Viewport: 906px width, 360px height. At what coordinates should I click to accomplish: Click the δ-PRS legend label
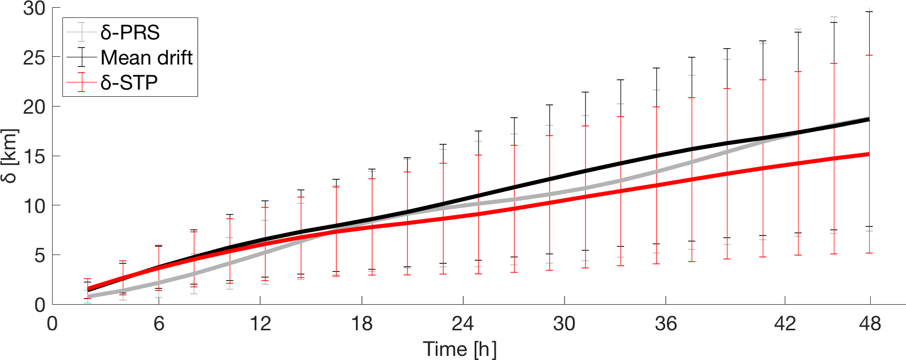click(130, 32)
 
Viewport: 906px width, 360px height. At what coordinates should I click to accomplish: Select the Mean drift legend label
click(146, 57)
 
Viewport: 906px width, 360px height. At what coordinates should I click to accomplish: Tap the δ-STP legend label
click(129, 82)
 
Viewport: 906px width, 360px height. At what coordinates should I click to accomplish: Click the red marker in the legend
click(81, 82)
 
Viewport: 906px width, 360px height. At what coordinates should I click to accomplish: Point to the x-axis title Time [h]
click(460, 349)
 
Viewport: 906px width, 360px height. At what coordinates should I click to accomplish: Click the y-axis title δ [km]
click(10, 156)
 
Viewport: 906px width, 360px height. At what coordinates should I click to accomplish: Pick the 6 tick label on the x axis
click(159, 324)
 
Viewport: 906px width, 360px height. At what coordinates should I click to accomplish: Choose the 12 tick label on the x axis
click(260, 324)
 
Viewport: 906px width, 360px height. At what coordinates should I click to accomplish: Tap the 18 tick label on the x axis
click(362, 324)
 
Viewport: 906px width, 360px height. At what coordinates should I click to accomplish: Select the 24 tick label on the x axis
click(463, 324)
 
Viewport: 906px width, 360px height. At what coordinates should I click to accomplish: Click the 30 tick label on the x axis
click(564, 324)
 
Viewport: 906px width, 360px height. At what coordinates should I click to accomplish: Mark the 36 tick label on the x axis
click(665, 324)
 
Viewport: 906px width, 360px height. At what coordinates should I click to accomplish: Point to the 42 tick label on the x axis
click(785, 324)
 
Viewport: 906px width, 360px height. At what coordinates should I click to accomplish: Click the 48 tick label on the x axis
click(870, 324)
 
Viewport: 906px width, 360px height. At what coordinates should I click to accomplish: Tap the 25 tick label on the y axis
click(34, 57)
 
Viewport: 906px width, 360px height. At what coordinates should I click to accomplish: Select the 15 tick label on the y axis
click(34, 156)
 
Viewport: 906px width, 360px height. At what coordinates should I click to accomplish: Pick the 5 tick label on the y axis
click(39, 255)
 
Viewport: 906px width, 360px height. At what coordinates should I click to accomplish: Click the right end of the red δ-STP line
click(869, 154)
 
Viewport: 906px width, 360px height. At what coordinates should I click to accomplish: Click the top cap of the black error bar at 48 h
click(869, 12)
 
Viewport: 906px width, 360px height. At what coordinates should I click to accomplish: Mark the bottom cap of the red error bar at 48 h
click(869, 253)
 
